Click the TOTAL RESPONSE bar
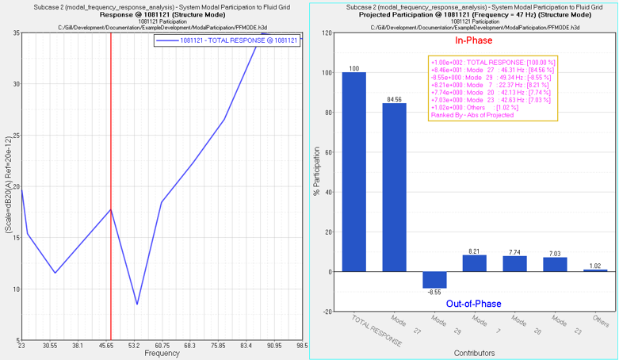(354, 171)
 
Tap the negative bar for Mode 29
(434, 280)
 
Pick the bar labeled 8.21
(474, 263)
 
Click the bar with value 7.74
(514, 264)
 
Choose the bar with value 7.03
(555, 265)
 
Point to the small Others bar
(595, 270)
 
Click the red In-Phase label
(474, 41)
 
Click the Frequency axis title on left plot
(162, 354)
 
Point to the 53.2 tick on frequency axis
(135, 346)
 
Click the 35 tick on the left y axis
(15, 33)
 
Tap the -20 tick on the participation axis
(327, 312)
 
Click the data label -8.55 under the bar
(434, 293)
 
